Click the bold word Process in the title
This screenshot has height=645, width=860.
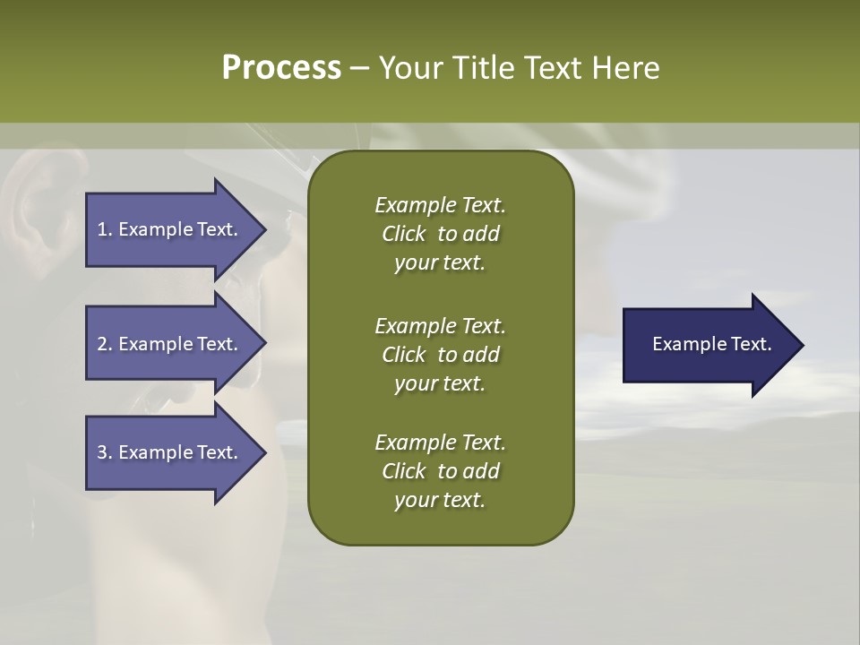pos(281,68)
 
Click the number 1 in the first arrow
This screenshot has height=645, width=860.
pos(101,229)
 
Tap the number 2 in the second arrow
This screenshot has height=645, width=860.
pos(101,344)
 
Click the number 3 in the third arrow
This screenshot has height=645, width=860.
pos(101,452)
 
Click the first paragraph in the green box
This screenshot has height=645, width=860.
pos(440,234)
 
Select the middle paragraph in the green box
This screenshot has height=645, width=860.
pos(440,354)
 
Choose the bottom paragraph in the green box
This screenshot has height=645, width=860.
pos(440,471)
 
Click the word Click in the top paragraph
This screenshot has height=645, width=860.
pos(403,234)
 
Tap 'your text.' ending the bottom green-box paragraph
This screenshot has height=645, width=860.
pos(439,501)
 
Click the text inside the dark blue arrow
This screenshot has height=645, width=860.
pos(711,344)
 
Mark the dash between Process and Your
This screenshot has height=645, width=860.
pos(359,69)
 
